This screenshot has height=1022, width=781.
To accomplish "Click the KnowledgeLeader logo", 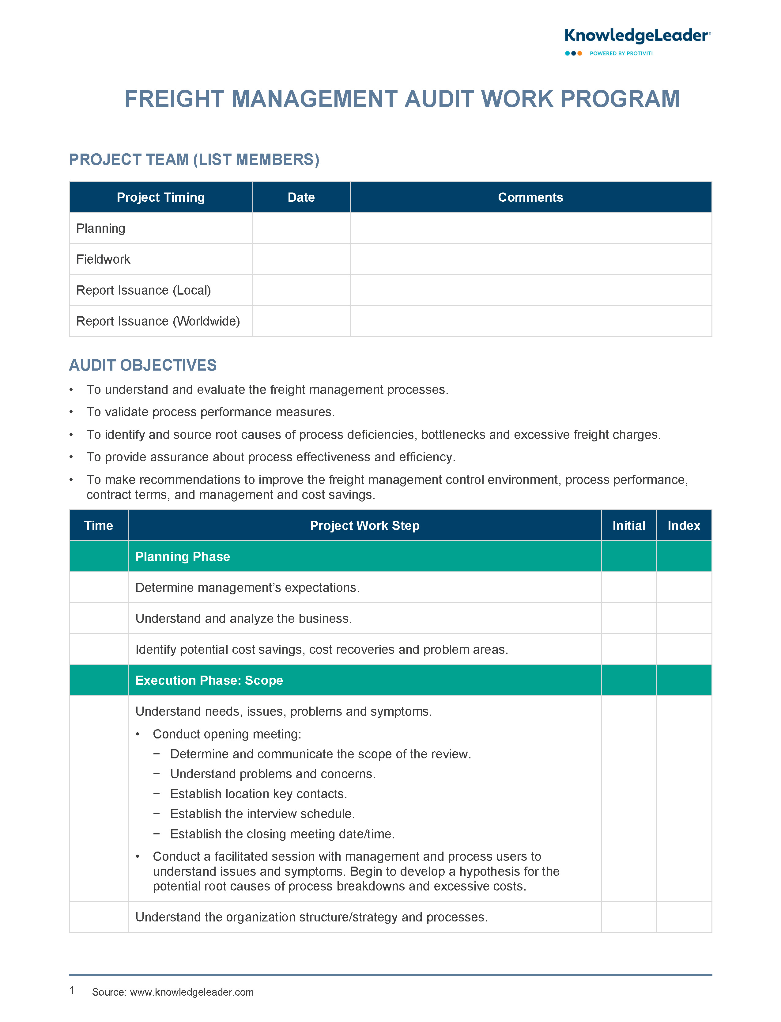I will tap(637, 36).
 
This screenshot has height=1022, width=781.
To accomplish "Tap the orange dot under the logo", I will tap(580, 54).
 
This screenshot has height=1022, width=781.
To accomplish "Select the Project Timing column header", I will tap(161, 197).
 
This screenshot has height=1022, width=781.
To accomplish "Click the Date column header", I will tap(301, 197).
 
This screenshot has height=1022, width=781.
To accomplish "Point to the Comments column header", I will tap(530, 197).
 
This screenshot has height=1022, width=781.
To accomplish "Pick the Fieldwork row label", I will tap(103, 259).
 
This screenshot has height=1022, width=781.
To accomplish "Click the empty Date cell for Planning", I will tap(301, 228).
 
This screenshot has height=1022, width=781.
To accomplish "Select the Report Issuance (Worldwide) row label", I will tap(158, 321).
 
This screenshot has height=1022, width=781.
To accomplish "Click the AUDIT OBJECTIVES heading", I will tap(143, 365).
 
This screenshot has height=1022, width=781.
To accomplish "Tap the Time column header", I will tap(99, 526).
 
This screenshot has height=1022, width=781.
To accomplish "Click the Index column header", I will tap(684, 526).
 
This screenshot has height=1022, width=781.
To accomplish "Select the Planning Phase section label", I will tap(183, 556).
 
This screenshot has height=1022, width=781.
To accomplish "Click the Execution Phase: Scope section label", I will tap(209, 680).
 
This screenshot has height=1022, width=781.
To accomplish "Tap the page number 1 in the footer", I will tap(72, 990).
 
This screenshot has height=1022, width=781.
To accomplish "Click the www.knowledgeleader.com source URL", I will tap(191, 992).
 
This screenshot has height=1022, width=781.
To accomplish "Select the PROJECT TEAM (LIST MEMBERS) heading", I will tap(194, 160).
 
